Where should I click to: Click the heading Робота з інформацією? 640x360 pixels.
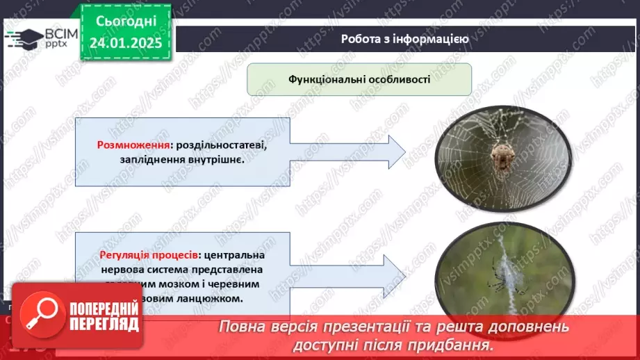click(x=404, y=39)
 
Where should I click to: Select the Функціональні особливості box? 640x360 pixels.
click(x=359, y=79)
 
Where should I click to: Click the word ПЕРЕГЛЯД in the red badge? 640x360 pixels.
click(x=104, y=325)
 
